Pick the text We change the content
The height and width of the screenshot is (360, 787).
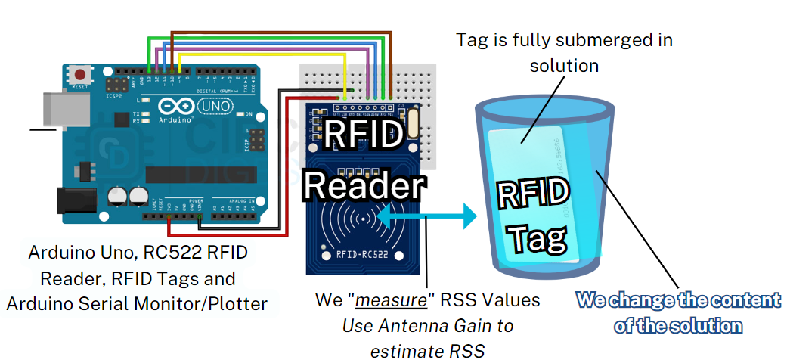pos(678,300)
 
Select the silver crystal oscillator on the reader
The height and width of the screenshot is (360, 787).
pos(413,124)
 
